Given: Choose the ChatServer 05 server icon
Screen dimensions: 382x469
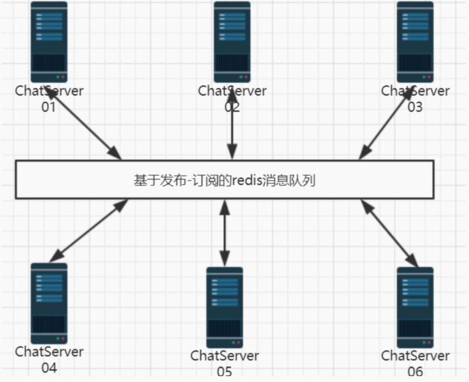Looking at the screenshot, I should click(x=225, y=307).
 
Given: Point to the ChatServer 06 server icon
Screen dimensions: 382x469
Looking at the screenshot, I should click(x=415, y=307).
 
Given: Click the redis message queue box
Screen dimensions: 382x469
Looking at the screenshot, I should click(x=224, y=180).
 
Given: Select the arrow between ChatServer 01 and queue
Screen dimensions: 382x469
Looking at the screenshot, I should click(x=86, y=125).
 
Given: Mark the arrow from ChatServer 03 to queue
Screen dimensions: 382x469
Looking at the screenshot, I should click(x=385, y=125).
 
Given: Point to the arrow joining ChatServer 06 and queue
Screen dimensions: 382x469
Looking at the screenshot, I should click(x=389, y=233).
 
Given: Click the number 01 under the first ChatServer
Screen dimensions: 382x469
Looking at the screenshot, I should click(x=49, y=107).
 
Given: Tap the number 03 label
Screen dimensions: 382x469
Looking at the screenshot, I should click(x=415, y=107).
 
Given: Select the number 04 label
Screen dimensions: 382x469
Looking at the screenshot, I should click(x=49, y=368).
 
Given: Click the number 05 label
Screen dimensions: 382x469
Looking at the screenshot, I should click(x=225, y=372).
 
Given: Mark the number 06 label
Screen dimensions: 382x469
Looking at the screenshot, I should click(x=415, y=372).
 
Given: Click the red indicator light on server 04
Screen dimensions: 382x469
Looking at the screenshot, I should click(x=63, y=339).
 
